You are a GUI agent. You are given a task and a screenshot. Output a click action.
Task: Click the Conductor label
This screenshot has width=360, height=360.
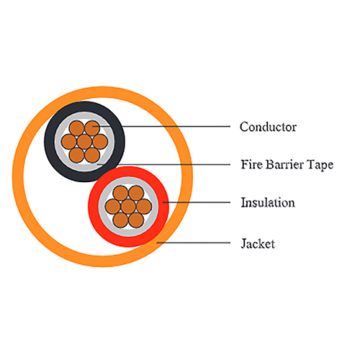click(x=268, y=127)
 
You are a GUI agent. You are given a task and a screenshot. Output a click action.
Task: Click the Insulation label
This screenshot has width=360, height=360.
click(x=268, y=202)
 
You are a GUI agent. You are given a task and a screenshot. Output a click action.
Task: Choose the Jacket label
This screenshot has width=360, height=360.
click(x=258, y=244)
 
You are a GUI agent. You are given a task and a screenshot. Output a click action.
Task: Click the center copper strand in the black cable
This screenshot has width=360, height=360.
click(x=84, y=142)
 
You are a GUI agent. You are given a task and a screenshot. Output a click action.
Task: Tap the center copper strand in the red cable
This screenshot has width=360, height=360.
click(x=128, y=207)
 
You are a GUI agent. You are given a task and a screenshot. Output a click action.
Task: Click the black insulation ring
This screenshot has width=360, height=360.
click(x=49, y=142)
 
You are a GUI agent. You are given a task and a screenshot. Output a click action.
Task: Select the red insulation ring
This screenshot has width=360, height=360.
click(x=93, y=207)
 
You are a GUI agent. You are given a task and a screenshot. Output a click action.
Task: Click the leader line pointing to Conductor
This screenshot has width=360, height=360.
click(x=161, y=126)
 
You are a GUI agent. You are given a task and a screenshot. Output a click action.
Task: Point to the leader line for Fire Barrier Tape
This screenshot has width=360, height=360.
click(x=163, y=164)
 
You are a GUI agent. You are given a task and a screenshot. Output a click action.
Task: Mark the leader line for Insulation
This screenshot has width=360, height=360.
click(x=197, y=202)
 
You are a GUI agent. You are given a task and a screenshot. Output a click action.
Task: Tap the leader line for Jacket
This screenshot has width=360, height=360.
click(x=194, y=243)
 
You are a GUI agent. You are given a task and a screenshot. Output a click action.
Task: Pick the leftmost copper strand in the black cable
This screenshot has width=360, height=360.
click(x=69, y=142)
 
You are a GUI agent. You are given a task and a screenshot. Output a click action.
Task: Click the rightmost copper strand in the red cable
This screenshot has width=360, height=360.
click(x=144, y=207)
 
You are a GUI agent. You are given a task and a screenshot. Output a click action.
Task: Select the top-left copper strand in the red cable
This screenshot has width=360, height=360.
click(x=120, y=193)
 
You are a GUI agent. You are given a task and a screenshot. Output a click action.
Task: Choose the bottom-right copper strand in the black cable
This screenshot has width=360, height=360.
click(x=92, y=155)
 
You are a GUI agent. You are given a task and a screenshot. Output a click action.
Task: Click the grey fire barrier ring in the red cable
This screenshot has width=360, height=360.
click(x=102, y=207)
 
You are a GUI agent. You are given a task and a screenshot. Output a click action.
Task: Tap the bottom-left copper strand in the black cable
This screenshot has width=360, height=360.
click(x=76, y=155)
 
